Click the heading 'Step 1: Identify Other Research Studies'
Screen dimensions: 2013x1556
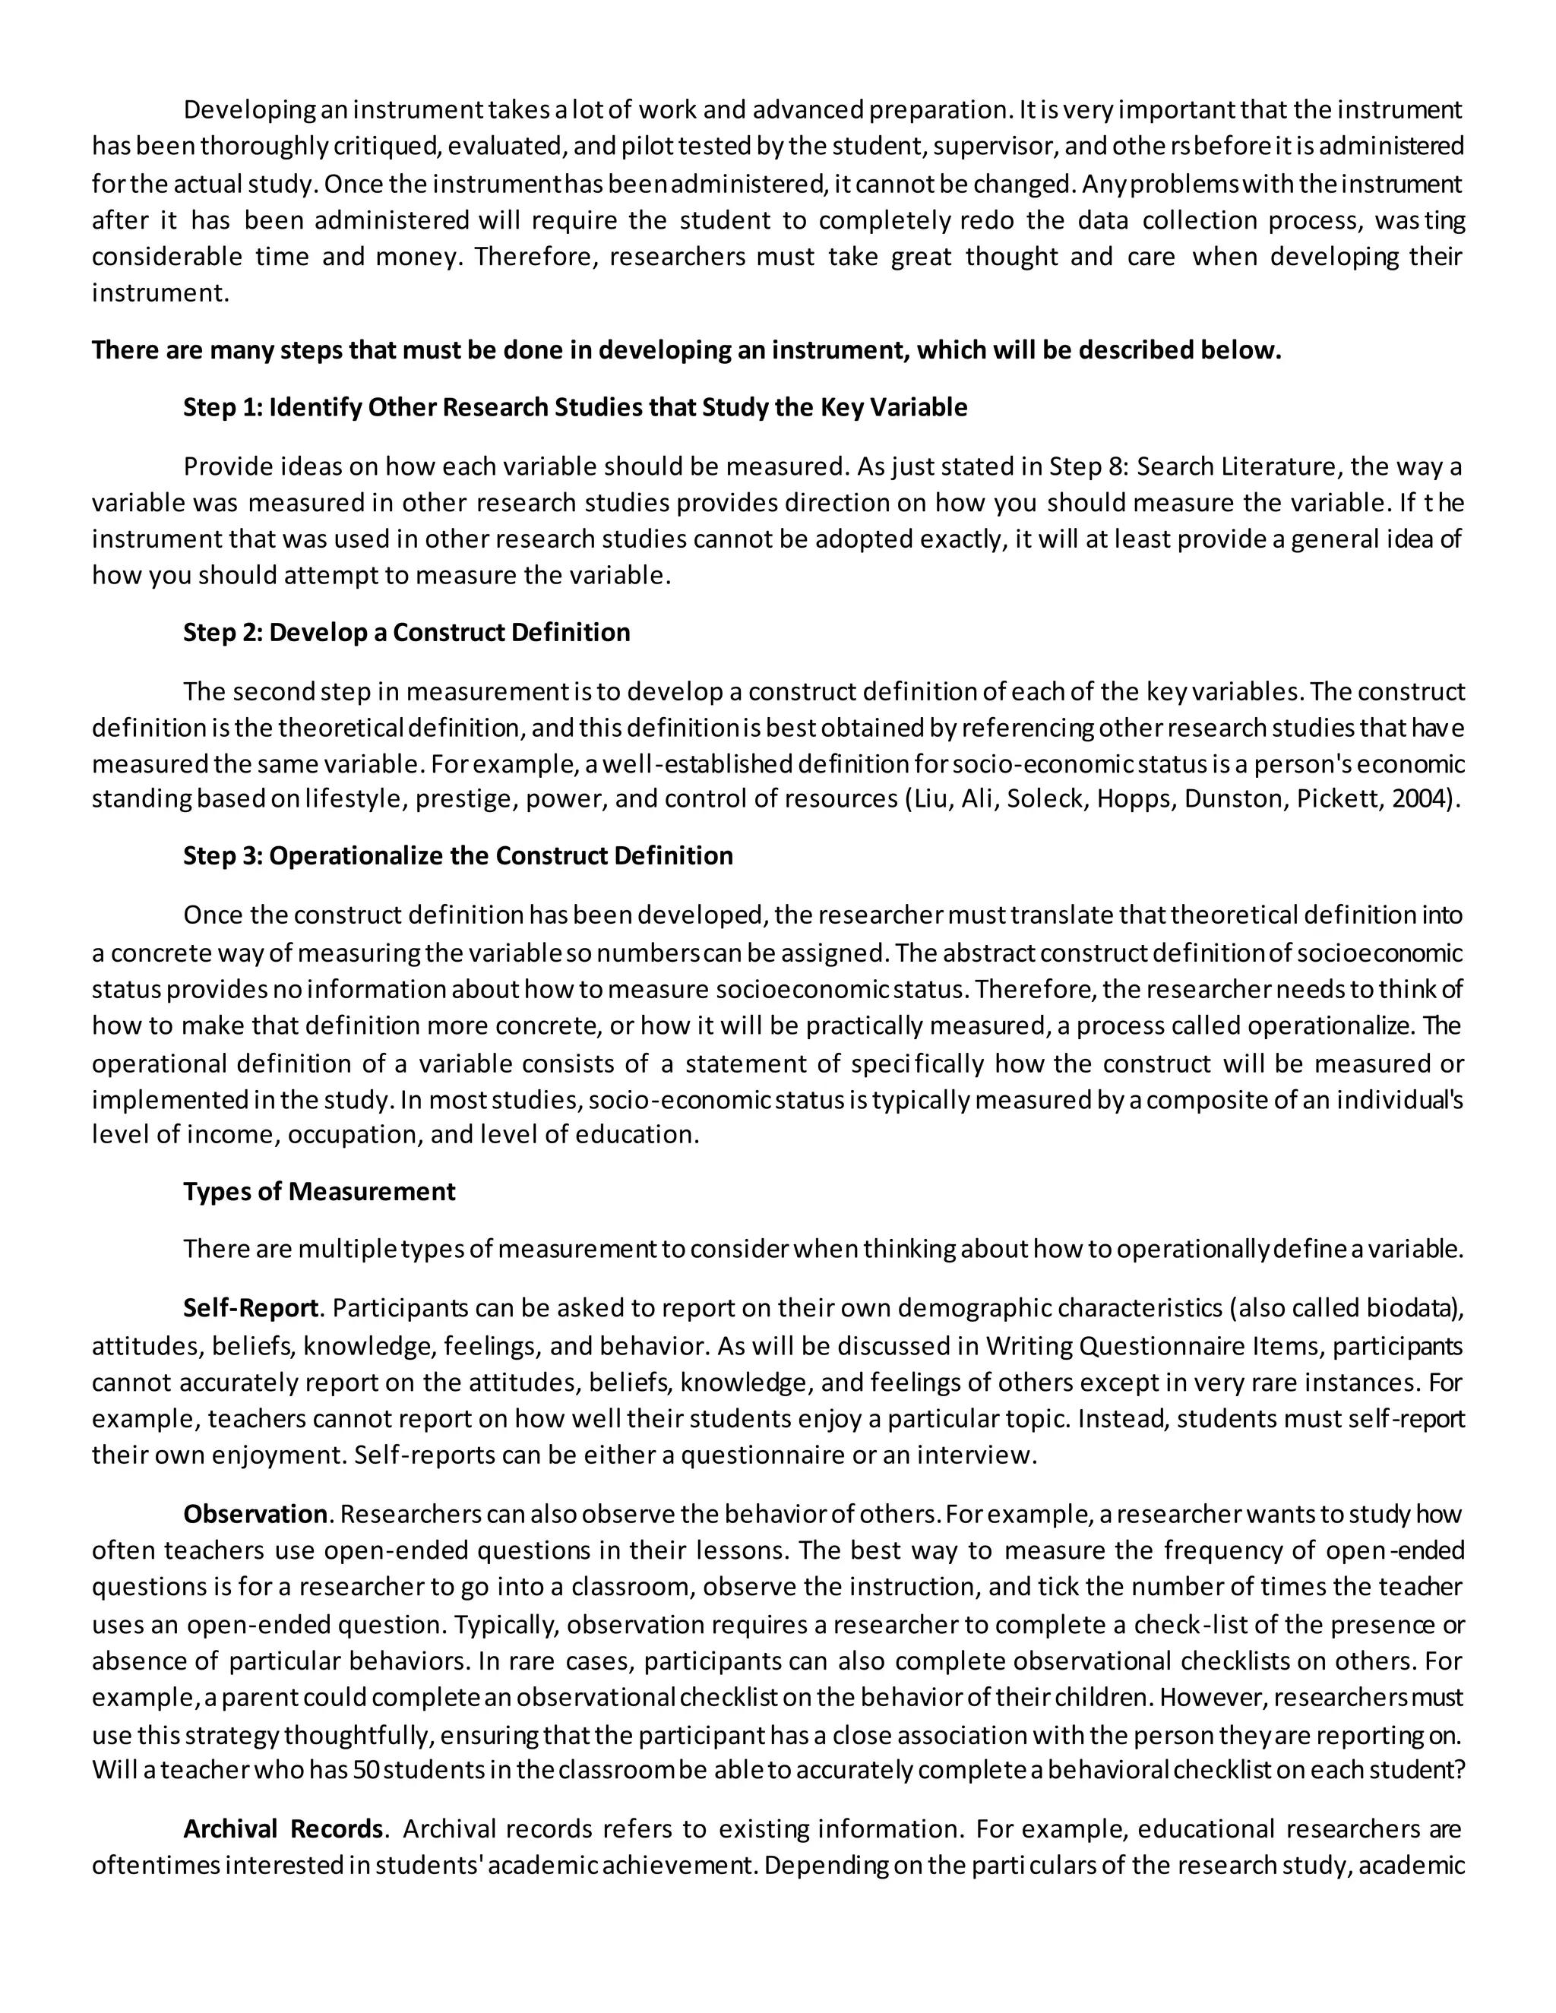point(575,407)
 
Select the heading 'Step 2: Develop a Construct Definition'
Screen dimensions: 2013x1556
point(406,632)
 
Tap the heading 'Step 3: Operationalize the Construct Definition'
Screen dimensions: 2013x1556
point(458,855)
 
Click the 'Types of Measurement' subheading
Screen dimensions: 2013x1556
point(319,1191)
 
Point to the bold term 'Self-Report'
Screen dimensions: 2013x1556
point(251,1308)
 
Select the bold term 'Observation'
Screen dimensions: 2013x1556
point(255,1515)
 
